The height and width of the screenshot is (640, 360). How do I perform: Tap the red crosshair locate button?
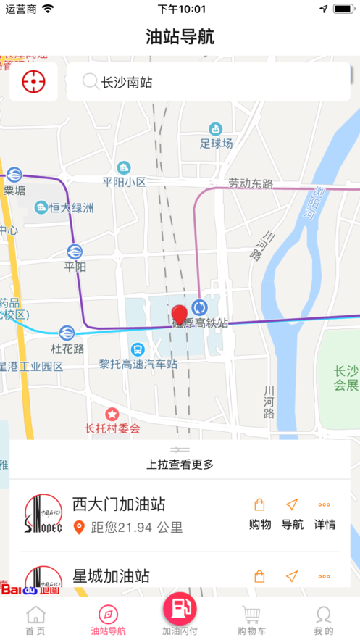(33, 82)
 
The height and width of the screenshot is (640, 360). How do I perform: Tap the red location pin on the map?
(180, 315)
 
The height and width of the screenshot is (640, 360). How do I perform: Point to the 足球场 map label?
(217, 144)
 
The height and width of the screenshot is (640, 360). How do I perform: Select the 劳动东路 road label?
(251, 183)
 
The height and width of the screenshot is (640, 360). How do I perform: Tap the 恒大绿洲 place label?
(71, 208)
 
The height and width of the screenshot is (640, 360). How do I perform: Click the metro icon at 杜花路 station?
(67, 333)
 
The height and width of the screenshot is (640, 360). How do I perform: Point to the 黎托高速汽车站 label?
(138, 364)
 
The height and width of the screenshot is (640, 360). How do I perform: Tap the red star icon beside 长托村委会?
(112, 415)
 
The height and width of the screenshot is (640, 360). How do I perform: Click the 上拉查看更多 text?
(180, 465)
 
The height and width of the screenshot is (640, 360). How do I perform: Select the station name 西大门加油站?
(119, 504)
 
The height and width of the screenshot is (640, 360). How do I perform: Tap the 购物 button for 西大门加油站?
(259, 515)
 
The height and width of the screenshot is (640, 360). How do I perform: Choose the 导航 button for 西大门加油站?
(292, 515)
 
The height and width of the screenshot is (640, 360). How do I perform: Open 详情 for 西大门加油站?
(325, 515)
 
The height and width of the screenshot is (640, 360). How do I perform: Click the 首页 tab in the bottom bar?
(35, 621)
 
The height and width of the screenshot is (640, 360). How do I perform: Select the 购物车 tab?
(251, 621)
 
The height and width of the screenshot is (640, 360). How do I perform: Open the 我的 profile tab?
(323, 621)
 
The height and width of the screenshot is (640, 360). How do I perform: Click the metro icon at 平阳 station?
(74, 252)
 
